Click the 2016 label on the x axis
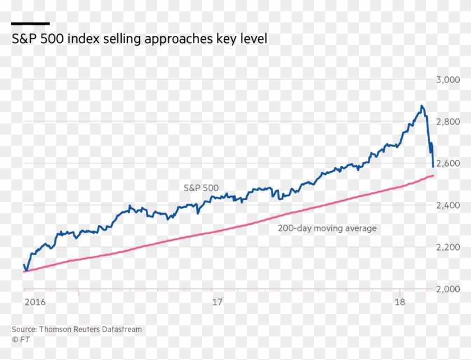tap(35, 302)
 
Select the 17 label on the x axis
tap(218, 302)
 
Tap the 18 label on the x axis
tap(399, 302)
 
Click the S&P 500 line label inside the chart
tap(201, 188)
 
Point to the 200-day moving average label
tap(327, 228)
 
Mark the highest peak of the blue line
tap(422, 105)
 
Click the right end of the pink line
tap(433, 176)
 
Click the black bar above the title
tap(30, 24)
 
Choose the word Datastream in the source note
tap(122, 329)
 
